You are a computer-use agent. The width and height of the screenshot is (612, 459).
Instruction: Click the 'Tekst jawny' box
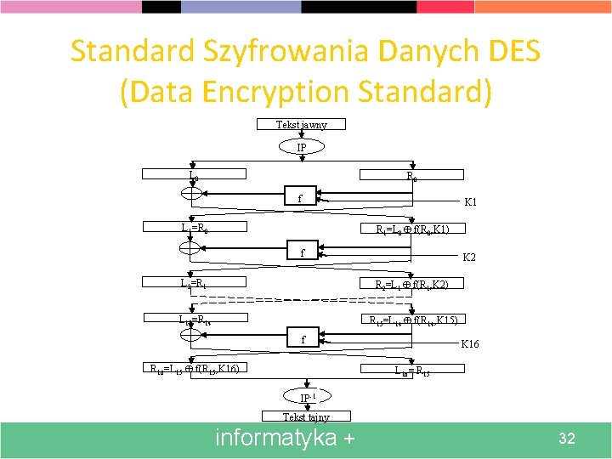[x=302, y=125]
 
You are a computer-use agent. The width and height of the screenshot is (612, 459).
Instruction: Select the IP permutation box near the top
[x=302, y=148]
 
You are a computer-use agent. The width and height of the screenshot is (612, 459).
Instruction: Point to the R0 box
[x=411, y=177]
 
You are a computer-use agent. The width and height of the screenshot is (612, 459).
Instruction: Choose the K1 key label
[x=470, y=203]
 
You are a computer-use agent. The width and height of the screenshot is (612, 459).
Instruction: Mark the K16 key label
[x=470, y=344]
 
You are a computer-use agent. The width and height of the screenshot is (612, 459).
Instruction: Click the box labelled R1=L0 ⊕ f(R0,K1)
[x=411, y=229]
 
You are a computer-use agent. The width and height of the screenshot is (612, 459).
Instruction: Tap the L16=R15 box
[x=411, y=370]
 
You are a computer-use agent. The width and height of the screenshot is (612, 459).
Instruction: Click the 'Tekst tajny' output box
[x=306, y=416]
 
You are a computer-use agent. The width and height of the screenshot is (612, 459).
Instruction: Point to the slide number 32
[x=567, y=439]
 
